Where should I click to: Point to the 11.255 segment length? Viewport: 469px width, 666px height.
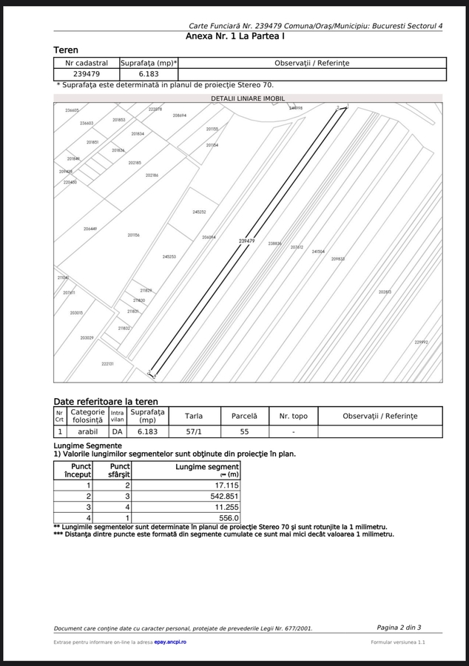pos(226,507)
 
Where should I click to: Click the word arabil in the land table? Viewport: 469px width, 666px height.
pos(87,430)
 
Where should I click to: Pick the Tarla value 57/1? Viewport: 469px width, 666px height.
pos(193,430)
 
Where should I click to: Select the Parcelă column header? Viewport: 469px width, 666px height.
pos(244,416)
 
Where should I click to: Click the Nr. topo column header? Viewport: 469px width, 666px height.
pos(294,416)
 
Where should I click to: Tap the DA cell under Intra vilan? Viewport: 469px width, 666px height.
pos(117,430)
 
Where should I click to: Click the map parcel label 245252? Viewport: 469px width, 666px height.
pos(199,212)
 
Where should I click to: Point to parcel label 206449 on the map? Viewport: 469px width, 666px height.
pos(90,229)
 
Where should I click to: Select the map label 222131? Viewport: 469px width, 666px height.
pos(107,363)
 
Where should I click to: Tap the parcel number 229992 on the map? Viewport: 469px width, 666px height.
pos(421,342)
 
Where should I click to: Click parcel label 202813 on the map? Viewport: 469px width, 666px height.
pos(385,292)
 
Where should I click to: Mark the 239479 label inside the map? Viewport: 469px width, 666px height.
pos(247,240)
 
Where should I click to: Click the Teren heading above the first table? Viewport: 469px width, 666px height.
pos(66,50)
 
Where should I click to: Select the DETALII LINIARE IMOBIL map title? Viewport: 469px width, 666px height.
pos(248,98)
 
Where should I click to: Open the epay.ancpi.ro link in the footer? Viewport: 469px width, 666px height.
pos(170,642)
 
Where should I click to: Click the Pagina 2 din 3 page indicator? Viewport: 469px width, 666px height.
pos(399,628)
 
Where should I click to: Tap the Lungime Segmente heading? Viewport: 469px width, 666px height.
pos(88,445)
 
